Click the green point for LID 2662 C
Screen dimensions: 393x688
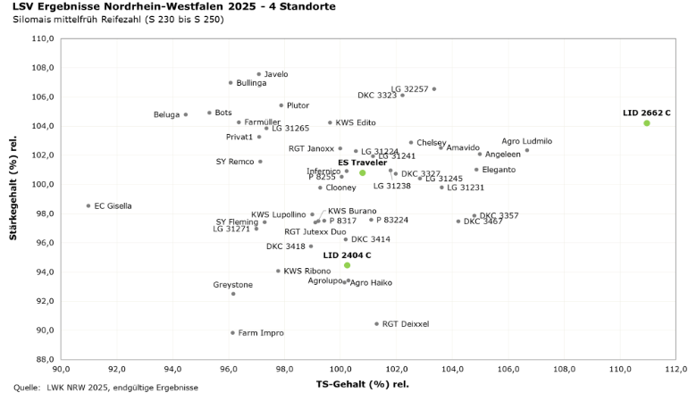646,123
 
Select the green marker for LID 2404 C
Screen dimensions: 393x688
347,265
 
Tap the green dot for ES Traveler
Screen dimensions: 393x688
362,172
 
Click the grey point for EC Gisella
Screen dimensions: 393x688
88,205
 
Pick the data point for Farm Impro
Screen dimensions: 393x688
232,333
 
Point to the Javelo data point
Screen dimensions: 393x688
259,74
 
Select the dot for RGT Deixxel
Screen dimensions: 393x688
376,324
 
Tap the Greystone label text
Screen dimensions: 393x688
232,285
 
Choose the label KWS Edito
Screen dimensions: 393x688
355,122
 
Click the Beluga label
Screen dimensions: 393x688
166,114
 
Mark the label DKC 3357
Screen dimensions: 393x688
499,215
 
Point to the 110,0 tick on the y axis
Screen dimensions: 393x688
42,38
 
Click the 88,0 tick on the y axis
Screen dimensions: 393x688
44,359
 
